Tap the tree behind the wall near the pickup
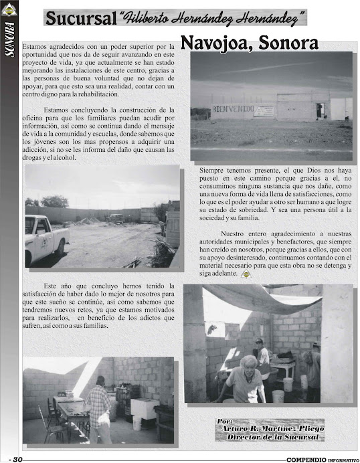pos(54,201)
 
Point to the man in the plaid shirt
pos(98,407)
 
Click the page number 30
pos(17,458)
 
